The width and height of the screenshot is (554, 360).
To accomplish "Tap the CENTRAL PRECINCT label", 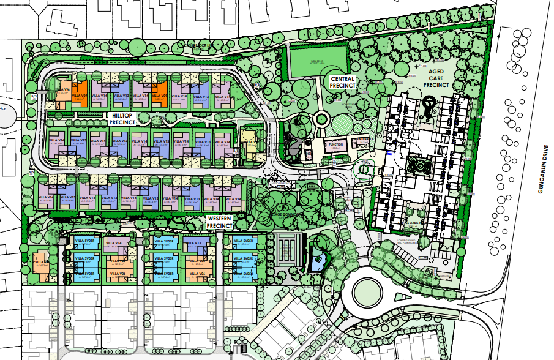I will [x=343, y=83].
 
